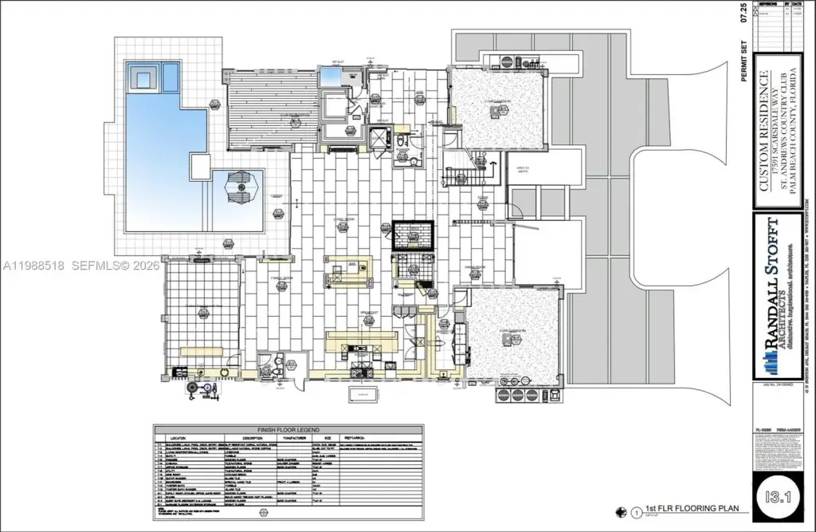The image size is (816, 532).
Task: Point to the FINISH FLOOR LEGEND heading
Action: [288, 428]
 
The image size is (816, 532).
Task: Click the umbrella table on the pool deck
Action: [240, 188]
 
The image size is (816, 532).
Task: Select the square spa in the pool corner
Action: [145, 78]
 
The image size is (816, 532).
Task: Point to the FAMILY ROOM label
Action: [280, 277]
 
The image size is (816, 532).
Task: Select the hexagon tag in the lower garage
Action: [508, 338]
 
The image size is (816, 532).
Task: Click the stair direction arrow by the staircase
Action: [492, 167]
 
